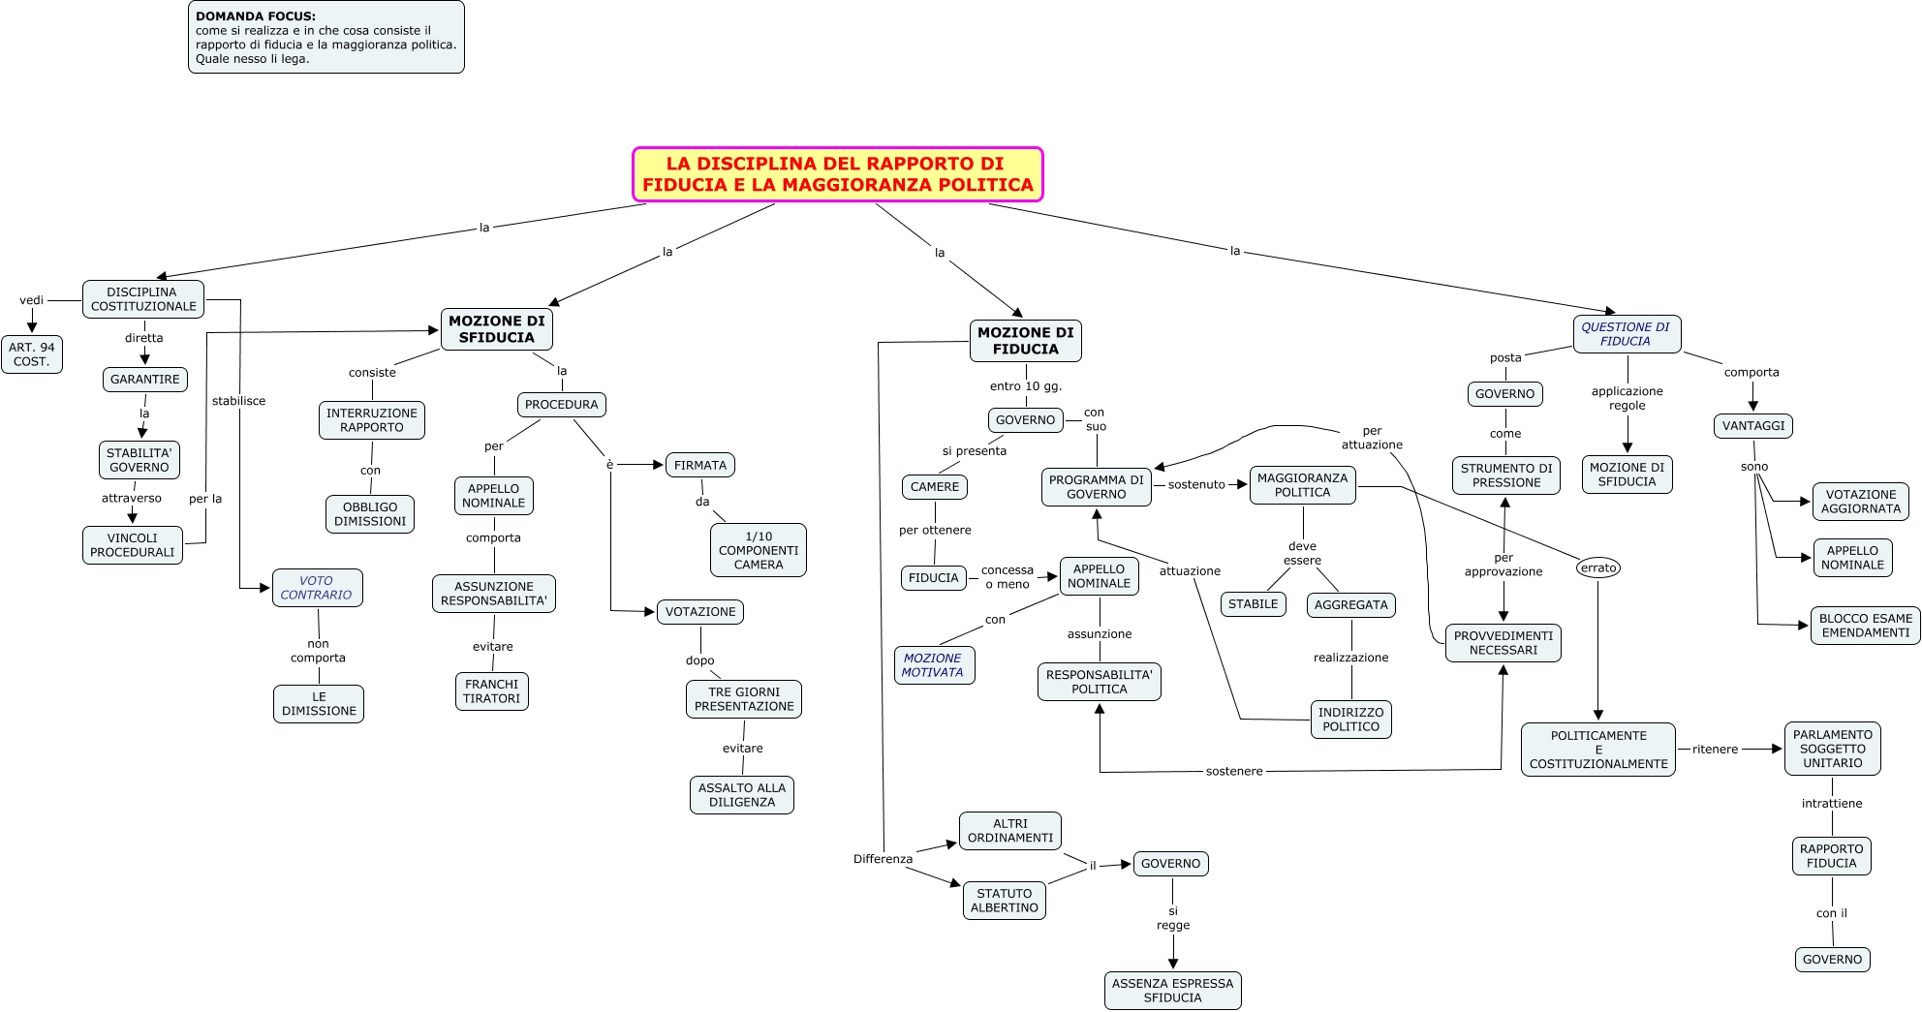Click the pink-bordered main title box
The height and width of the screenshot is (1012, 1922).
click(838, 174)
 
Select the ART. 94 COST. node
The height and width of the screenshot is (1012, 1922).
click(32, 354)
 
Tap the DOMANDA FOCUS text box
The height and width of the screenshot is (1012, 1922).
click(326, 38)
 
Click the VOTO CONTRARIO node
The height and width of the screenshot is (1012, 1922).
click(317, 588)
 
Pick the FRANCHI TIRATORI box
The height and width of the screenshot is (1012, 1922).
click(492, 691)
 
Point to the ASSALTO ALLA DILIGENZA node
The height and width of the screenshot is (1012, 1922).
click(742, 795)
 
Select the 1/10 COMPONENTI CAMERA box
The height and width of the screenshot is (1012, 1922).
click(759, 550)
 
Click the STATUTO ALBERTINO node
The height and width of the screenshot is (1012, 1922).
click(1005, 901)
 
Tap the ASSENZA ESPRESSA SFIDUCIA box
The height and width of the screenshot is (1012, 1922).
click(1172, 991)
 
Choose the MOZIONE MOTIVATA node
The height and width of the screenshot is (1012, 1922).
click(933, 665)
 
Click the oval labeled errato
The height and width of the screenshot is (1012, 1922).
click(1598, 567)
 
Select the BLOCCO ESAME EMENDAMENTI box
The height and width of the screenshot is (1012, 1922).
click(1865, 626)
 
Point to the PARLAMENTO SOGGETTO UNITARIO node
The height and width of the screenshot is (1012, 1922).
click(1832, 749)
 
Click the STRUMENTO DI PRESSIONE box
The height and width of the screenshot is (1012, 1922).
click(1505, 475)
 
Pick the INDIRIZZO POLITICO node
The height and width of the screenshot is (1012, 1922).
click(1350, 720)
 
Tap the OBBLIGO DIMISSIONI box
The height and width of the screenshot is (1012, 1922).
click(370, 514)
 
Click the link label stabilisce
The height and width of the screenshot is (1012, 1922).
click(238, 401)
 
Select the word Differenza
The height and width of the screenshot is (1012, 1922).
click(883, 859)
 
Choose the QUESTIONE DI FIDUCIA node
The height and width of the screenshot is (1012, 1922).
click(1627, 334)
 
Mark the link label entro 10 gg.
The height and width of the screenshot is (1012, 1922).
click(1026, 386)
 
